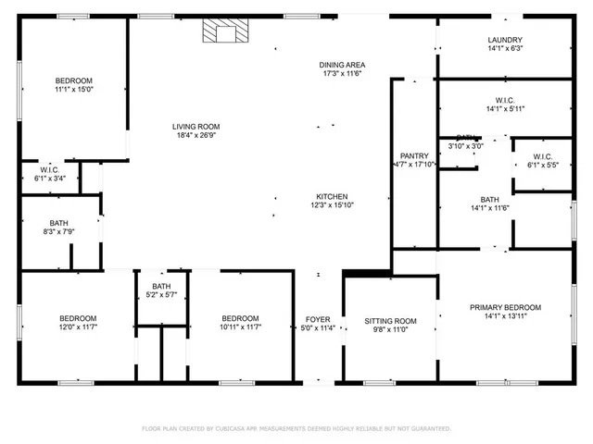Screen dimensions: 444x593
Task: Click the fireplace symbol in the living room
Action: pos(222,33)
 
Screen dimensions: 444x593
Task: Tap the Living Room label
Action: pos(196,127)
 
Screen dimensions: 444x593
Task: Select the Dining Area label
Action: pos(342,65)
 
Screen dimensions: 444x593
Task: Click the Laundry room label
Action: pos(505,40)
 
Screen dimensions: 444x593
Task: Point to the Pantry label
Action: pos(414,155)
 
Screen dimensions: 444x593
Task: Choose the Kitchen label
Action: pos(332,196)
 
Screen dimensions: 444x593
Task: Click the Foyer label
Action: pos(318,320)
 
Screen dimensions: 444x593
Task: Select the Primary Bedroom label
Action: pos(505,307)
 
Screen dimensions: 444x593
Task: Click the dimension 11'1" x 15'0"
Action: pos(74,92)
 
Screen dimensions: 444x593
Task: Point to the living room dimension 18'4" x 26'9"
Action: pos(196,136)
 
